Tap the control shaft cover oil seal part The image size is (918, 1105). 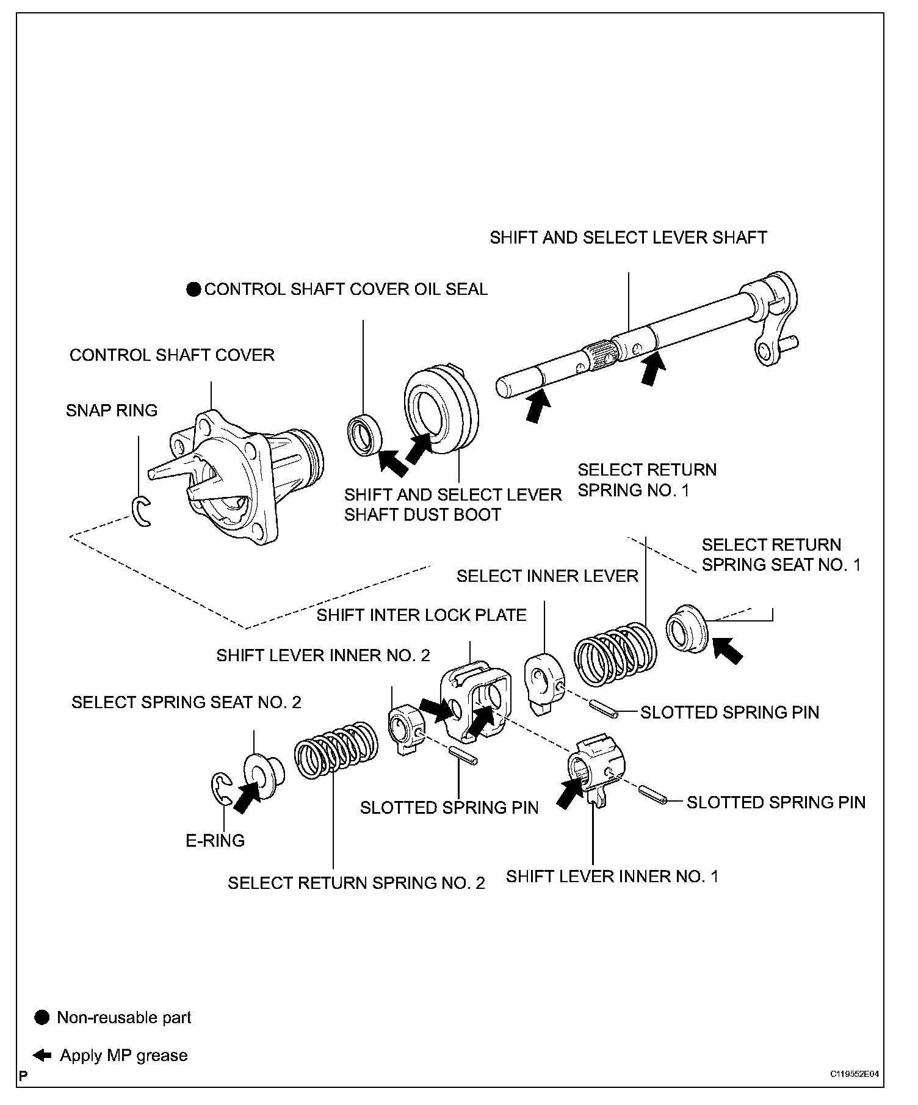coord(365,435)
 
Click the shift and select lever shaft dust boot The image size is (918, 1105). coord(442,410)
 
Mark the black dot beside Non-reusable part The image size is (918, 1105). coord(42,1017)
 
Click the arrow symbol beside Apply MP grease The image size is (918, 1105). coord(42,1055)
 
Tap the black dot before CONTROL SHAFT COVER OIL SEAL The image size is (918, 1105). coord(193,289)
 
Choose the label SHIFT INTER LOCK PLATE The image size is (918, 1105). coord(421,615)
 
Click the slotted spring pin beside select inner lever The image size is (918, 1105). coord(604,709)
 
